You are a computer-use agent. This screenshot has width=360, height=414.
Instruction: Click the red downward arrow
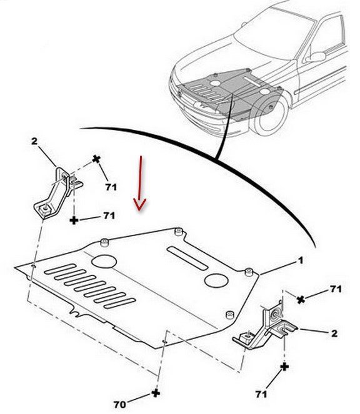coord(140,183)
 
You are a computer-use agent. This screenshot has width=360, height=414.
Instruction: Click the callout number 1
coord(301,261)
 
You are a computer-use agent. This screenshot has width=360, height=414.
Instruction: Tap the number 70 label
coord(119,404)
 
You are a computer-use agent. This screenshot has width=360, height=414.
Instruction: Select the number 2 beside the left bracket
coord(34,141)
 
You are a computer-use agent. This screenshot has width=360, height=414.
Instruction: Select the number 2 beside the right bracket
coord(334,333)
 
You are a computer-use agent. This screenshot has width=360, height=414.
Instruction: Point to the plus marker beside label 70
coord(156,393)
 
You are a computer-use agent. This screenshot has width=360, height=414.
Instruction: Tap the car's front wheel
coord(270,116)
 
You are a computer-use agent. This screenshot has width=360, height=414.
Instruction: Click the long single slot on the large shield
coord(187,259)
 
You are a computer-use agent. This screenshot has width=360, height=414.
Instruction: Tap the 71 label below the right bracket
coord(261,394)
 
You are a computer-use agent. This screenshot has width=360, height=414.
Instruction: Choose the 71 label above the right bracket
coord(336,289)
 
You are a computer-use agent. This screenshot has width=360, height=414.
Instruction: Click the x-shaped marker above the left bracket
coord(96,159)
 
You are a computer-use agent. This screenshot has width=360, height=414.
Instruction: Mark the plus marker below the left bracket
coord(74,220)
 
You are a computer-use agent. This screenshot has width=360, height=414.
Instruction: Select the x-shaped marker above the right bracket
coord(301,300)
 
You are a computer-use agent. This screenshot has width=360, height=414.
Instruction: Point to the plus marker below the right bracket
coord(284,367)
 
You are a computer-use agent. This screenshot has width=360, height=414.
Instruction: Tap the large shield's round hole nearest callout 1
coord(216,280)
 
